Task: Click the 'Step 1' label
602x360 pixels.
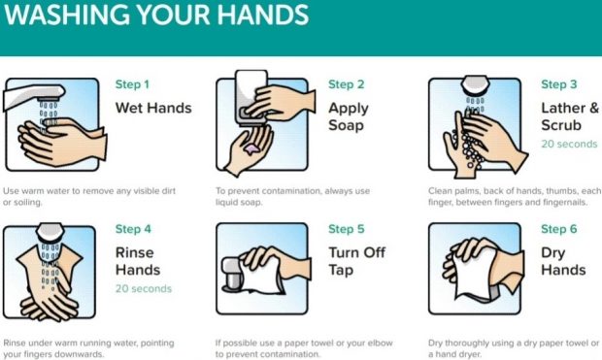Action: pyautogui.click(x=133, y=84)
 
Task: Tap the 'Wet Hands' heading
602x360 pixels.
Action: pyautogui.click(x=153, y=108)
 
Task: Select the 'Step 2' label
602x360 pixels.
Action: pyautogui.click(x=346, y=84)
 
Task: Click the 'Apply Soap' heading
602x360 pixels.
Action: pyautogui.click(x=348, y=116)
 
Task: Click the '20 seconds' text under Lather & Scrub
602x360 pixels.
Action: pyautogui.click(x=569, y=144)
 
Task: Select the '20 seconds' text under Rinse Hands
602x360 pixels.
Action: pyautogui.click(x=144, y=288)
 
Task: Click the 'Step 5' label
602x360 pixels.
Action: pyautogui.click(x=346, y=229)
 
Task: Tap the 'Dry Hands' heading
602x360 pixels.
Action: pyautogui.click(x=562, y=261)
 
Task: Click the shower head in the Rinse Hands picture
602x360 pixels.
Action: pyautogui.click(x=50, y=234)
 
